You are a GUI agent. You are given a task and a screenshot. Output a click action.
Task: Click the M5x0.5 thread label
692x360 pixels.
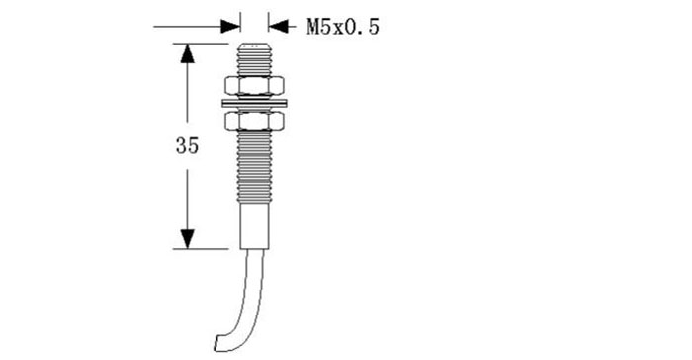343,27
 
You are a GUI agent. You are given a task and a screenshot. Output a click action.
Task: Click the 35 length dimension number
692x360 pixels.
187,145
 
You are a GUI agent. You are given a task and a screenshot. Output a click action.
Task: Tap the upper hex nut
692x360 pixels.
254,86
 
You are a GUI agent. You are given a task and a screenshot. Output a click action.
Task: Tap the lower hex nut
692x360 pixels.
254,121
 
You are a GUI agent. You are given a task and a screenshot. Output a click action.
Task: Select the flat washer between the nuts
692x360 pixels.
254,104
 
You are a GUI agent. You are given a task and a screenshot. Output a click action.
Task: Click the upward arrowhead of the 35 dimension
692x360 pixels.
187,53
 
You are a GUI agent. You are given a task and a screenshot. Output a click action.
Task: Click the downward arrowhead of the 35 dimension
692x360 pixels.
187,239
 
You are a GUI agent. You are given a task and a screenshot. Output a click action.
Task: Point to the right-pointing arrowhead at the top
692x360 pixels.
230,26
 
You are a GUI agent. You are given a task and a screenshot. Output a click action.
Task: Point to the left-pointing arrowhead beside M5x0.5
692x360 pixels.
278,26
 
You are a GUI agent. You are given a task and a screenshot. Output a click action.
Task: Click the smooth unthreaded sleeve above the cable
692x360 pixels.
255,225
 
